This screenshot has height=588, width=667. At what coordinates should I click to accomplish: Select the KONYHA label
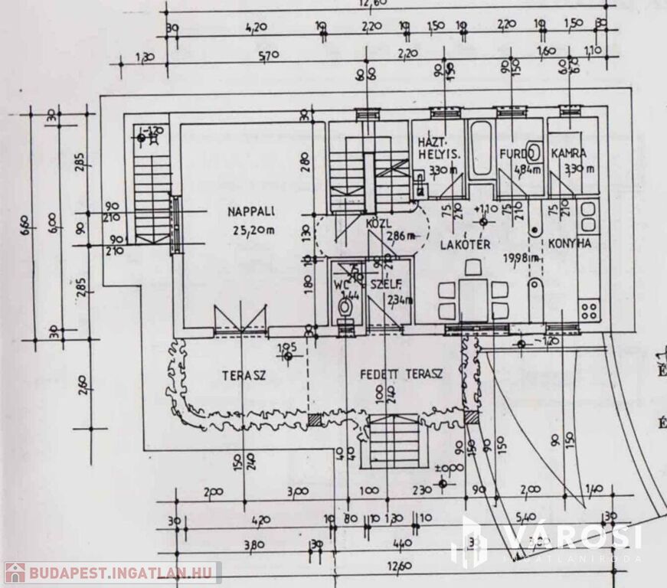[570, 244]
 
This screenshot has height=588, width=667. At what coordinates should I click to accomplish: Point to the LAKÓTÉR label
[465, 244]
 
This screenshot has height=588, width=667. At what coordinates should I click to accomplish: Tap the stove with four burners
[590, 310]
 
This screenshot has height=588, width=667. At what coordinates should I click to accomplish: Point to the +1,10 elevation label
[487, 209]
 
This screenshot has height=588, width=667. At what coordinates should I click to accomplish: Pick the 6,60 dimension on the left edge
[25, 224]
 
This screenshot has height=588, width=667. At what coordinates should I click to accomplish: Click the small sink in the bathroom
[534, 149]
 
